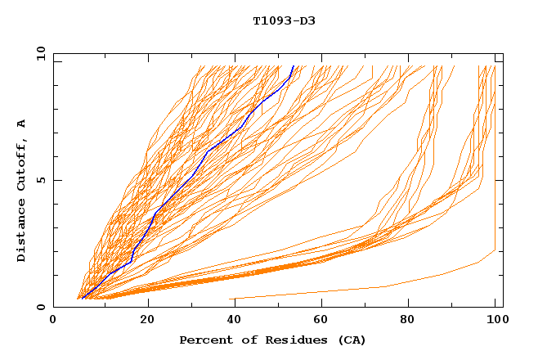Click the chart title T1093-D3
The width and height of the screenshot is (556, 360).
click(284, 20)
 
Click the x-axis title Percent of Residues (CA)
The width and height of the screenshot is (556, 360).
click(273, 340)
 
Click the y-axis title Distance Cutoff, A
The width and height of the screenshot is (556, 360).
click(21, 190)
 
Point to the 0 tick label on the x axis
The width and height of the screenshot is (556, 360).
click(53, 320)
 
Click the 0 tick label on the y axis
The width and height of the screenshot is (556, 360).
click(40, 308)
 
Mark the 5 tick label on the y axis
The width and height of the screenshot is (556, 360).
click(40, 180)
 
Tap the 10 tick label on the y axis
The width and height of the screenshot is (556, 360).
click(38, 53)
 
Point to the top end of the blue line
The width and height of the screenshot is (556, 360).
click(293, 66)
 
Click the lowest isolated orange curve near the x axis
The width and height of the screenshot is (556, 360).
click(384, 286)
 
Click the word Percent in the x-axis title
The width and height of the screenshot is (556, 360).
click(204, 340)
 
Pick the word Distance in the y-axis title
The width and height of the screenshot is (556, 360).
click(21, 230)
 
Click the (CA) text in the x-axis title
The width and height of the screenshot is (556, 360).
click(352, 340)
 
